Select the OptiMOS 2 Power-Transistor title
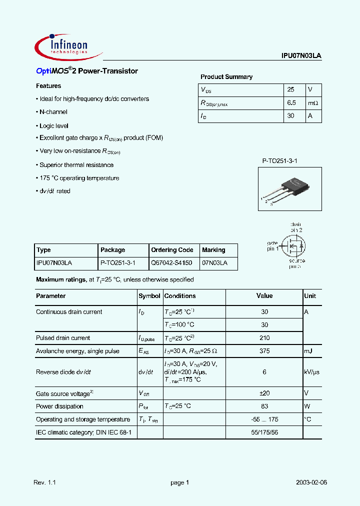click(87, 71)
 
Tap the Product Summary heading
click(226, 77)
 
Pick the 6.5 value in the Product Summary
click(292, 103)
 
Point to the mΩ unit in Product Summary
click(313, 103)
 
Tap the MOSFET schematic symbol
click(291, 245)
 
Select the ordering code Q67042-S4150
click(171, 263)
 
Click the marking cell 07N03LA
click(214, 263)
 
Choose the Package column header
click(113, 250)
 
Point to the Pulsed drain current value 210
click(264, 338)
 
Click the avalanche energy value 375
click(264, 351)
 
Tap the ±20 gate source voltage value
click(264, 393)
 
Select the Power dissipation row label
click(59, 406)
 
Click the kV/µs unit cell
click(312, 372)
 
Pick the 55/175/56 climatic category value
click(264, 431)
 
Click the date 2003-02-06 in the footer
click(311, 483)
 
